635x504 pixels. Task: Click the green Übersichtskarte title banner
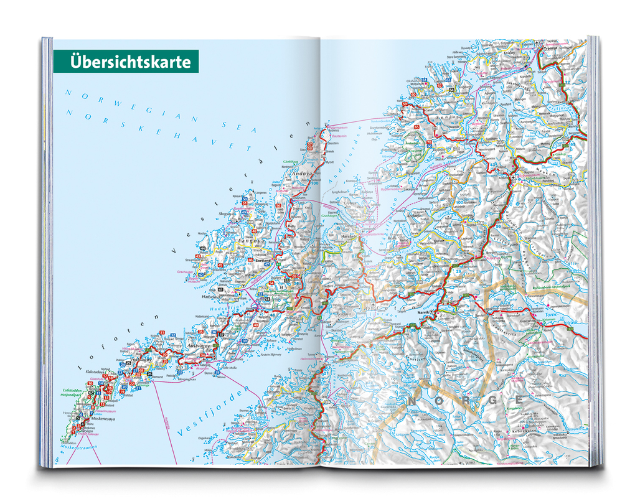coord(126,62)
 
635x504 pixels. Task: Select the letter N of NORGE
coord(412,403)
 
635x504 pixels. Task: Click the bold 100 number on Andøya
coord(314,183)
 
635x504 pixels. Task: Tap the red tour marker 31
coord(162,333)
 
